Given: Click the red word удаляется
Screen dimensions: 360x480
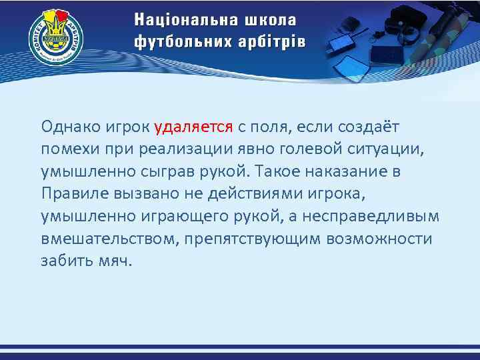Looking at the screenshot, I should click(x=193, y=126).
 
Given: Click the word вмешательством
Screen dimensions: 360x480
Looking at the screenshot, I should click(x=107, y=239).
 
